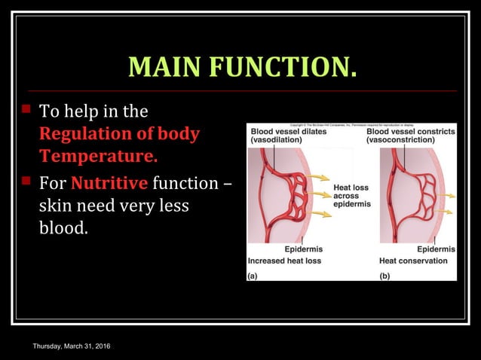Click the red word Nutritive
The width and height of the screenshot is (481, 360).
[109, 183]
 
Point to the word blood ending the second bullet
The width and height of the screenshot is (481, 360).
[63, 227]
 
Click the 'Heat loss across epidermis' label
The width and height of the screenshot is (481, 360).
[351, 195]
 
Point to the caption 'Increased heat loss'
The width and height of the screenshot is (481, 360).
[284, 261]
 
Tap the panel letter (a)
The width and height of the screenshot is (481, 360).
[253, 275]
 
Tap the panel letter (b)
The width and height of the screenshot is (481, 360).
[384, 275]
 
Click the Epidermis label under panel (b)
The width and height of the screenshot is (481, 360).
[436, 249]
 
